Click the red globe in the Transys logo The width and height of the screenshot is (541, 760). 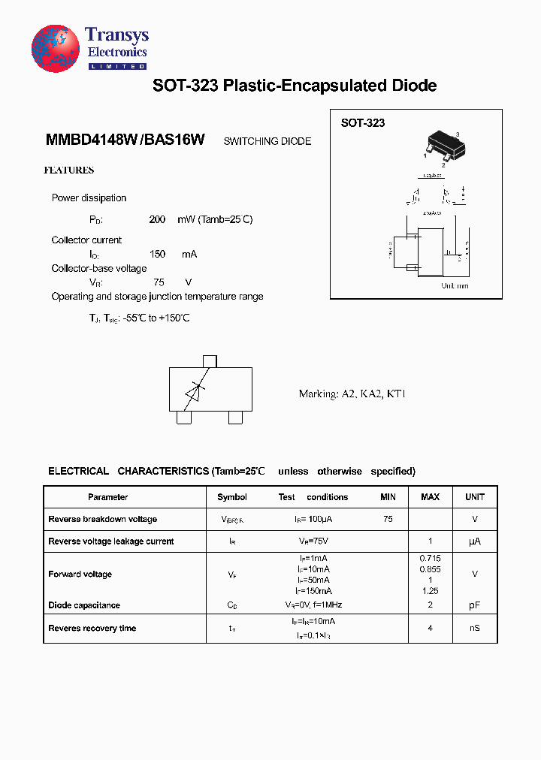pos(55,48)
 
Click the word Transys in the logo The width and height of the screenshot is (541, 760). pos(116,35)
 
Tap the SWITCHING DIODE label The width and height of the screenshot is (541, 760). pos(267,141)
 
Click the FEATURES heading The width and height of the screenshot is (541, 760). pos(69,170)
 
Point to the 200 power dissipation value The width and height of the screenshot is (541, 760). pos(157,219)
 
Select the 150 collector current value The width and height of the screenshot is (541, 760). pos(157,255)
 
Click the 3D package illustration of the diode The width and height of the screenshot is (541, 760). pos(443,145)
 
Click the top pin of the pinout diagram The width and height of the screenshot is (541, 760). pos(210,361)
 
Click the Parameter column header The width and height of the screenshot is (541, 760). pos(107,497)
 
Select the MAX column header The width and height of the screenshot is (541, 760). pos(430,497)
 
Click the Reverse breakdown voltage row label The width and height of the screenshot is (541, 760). pos(102,519)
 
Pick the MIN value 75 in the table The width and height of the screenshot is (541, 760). pos(388,519)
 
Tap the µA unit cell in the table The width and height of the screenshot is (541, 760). pos(474,541)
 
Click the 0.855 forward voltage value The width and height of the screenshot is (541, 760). pos(430,569)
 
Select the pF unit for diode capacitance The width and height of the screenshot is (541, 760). pos(474,605)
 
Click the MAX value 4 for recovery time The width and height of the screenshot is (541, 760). pos(430,628)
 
